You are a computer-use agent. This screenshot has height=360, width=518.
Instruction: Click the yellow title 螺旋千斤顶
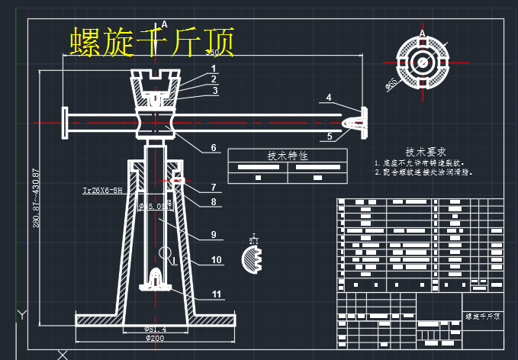click(x=151, y=41)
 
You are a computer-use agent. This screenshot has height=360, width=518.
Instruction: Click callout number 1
click(x=214, y=68)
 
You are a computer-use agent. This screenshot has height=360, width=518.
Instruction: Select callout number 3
click(x=215, y=91)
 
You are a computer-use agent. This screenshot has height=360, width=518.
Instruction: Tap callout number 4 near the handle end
click(x=329, y=98)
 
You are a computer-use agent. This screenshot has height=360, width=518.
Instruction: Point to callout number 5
click(x=330, y=137)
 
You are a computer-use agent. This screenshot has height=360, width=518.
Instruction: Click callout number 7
click(x=214, y=187)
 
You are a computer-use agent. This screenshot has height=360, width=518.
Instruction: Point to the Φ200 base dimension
click(x=155, y=338)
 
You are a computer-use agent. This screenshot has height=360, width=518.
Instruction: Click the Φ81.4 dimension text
click(x=155, y=329)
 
